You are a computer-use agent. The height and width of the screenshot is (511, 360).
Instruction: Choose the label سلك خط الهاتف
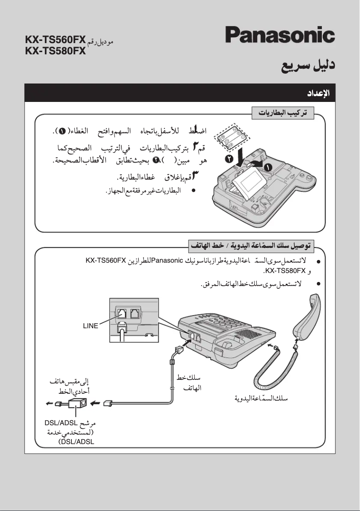[189, 383]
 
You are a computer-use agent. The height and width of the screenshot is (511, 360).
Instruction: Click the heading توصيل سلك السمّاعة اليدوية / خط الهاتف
[251, 246]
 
